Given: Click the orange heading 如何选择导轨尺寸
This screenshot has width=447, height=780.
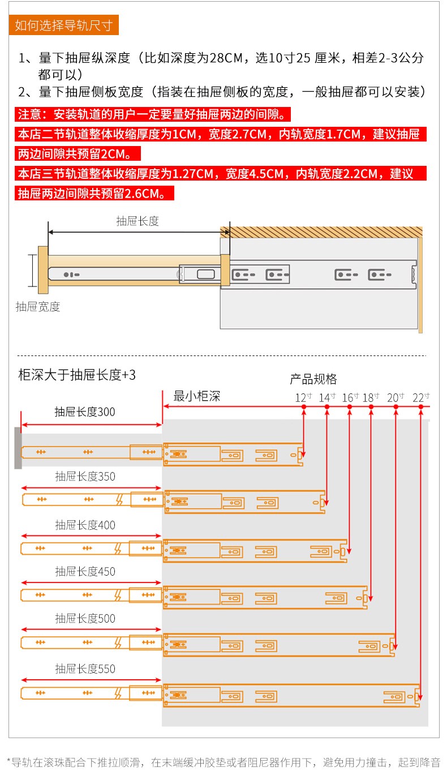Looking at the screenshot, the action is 64,25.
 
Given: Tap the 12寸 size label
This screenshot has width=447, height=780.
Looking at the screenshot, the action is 303,397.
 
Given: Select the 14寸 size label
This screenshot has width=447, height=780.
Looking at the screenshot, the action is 327,397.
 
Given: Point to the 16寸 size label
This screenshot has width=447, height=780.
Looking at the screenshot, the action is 350,397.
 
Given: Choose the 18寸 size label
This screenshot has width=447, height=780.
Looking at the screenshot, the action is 371,397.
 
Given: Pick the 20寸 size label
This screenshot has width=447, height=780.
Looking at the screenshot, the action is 396,397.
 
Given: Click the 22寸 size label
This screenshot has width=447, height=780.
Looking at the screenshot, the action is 421,397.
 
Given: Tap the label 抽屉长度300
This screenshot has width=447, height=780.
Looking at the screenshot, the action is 85,412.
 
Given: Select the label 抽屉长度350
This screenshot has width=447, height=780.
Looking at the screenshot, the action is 85,477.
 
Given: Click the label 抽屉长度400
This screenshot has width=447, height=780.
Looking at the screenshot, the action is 85,525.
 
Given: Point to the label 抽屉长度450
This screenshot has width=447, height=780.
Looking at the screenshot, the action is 85,572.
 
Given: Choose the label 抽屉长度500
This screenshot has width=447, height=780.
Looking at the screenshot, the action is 85,619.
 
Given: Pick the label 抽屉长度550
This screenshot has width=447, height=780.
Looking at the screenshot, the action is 85,669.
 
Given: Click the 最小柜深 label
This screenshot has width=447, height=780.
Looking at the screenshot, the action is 197,396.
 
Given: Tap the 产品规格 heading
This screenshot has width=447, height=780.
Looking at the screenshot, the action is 313,379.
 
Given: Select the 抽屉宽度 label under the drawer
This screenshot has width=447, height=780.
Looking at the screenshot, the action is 38,307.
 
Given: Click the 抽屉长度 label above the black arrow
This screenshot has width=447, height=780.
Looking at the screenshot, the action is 137,221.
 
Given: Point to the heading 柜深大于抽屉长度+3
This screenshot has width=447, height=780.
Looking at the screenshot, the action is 77,375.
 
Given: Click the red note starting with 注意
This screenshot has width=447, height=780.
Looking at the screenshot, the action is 152,114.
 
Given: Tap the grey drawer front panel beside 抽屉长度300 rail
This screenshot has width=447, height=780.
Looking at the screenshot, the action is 18,448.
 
